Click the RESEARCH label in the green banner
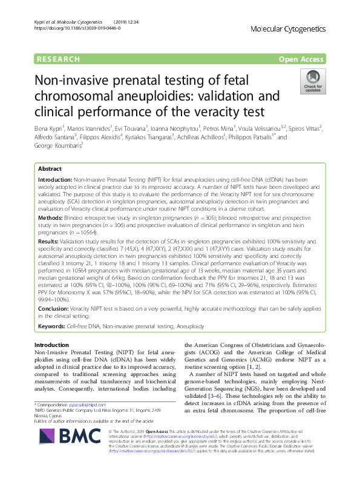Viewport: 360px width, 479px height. click(58, 59)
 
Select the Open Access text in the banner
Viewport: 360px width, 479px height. click(301, 59)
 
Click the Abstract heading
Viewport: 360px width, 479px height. click(50, 169)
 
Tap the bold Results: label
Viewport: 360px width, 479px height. click(50, 241)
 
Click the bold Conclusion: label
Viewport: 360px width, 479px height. click(55, 308)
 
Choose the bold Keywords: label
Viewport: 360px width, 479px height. click(53, 326)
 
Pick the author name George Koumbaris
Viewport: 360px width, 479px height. click(59, 147)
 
